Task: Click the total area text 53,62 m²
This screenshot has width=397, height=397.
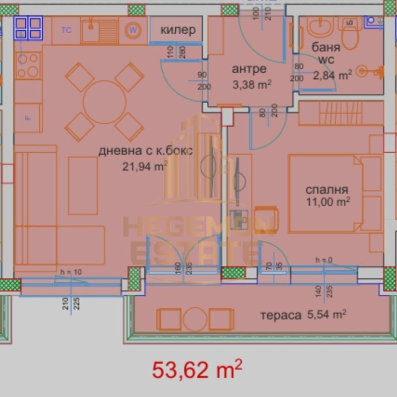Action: pyautogui.click(x=197, y=370)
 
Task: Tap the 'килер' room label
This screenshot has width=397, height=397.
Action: pyautogui.click(x=178, y=30)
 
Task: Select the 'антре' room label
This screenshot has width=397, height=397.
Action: pyautogui.click(x=249, y=69)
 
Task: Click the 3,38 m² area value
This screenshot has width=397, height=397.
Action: pyautogui.click(x=252, y=84)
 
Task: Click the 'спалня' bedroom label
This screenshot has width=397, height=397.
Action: pyautogui.click(x=327, y=189)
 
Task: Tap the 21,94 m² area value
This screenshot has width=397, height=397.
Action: pyautogui.click(x=144, y=167)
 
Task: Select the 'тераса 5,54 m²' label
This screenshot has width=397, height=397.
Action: pyautogui.click(x=303, y=315)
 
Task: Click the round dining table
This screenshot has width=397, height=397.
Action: pyautogui.click(x=105, y=102)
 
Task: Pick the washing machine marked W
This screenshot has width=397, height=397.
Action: pyautogui.click(x=132, y=30)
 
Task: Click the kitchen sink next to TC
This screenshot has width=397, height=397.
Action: pyautogui.click(x=100, y=30)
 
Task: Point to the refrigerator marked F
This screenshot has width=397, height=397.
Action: pyautogui.click(x=27, y=118)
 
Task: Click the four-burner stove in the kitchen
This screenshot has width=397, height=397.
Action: pyautogui.click(x=27, y=65)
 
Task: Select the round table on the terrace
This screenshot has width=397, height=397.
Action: pyautogui.click(x=195, y=319)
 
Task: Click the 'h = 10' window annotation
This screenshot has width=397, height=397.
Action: pyautogui.click(x=70, y=272)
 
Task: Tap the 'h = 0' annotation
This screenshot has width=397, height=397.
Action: pyautogui.click(x=324, y=260)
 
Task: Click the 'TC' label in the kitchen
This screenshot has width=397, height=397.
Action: pyautogui.click(x=66, y=30)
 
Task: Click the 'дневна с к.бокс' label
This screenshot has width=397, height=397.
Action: pyautogui.click(x=145, y=152)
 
